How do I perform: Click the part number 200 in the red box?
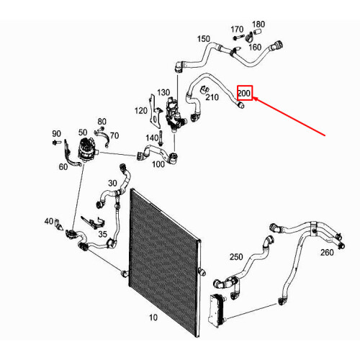(244, 93)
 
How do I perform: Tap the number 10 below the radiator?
(153, 318)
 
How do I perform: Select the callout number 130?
(163, 92)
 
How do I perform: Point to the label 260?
(327, 253)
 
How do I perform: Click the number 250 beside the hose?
(236, 257)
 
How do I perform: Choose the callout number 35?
(102, 234)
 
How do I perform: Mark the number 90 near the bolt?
(56, 133)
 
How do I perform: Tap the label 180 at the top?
(258, 24)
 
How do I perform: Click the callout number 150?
(204, 39)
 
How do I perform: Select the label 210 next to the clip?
(212, 97)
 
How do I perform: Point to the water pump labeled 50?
(88, 150)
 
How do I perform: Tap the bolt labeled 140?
(161, 138)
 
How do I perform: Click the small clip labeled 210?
(204, 89)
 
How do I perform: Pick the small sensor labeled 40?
(58, 225)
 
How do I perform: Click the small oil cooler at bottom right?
(217, 310)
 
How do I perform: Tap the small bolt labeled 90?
(55, 143)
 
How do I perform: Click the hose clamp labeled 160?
(250, 37)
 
